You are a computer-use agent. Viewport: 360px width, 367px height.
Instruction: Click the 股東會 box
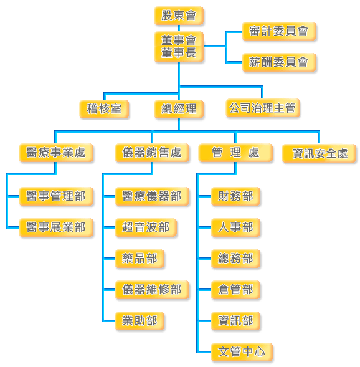pyautogui.click(x=179, y=16)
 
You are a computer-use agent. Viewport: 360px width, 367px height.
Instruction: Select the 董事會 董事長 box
pyautogui.click(x=179, y=47)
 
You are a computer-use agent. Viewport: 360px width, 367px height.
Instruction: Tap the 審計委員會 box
pyautogui.click(x=279, y=31)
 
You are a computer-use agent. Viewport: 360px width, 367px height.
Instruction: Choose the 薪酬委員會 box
pyautogui.click(x=279, y=62)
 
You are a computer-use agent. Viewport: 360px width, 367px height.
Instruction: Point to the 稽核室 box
pyautogui.click(x=104, y=109)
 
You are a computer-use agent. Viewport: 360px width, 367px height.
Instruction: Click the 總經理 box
pyautogui.click(x=179, y=109)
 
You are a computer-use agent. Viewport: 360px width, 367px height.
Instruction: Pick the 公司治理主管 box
pyautogui.click(x=263, y=108)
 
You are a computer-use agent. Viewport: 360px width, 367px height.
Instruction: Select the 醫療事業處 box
pyautogui.click(x=56, y=153)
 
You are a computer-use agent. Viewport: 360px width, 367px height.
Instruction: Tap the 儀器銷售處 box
pyautogui.click(x=152, y=153)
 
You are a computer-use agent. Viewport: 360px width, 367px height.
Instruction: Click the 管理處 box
pyautogui.click(x=235, y=153)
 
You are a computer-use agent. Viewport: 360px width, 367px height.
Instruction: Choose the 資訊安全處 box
pyautogui.click(x=320, y=153)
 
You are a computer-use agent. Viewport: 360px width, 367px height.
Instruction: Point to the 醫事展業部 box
pyautogui.click(x=56, y=227)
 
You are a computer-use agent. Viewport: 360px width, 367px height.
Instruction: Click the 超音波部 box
pyautogui.click(x=146, y=227)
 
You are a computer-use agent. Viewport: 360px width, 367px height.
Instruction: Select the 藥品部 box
pyautogui.click(x=140, y=259)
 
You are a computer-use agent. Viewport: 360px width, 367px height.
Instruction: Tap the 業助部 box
pyautogui.click(x=140, y=321)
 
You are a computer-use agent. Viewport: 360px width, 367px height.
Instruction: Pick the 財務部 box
pyautogui.click(x=235, y=196)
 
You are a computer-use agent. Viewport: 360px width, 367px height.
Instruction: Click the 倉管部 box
pyautogui.click(x=235, y=290)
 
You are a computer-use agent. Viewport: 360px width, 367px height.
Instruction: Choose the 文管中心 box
pyautogui.click(x=242, y=352)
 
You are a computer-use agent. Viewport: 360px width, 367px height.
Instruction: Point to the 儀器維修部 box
pyautogui.click(x=152, y=290)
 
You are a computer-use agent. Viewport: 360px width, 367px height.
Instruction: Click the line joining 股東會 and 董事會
pyautogui.click(x=179, y=28)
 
